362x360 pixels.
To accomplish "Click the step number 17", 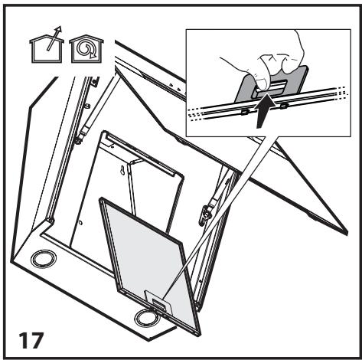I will (x=32, y=338).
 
